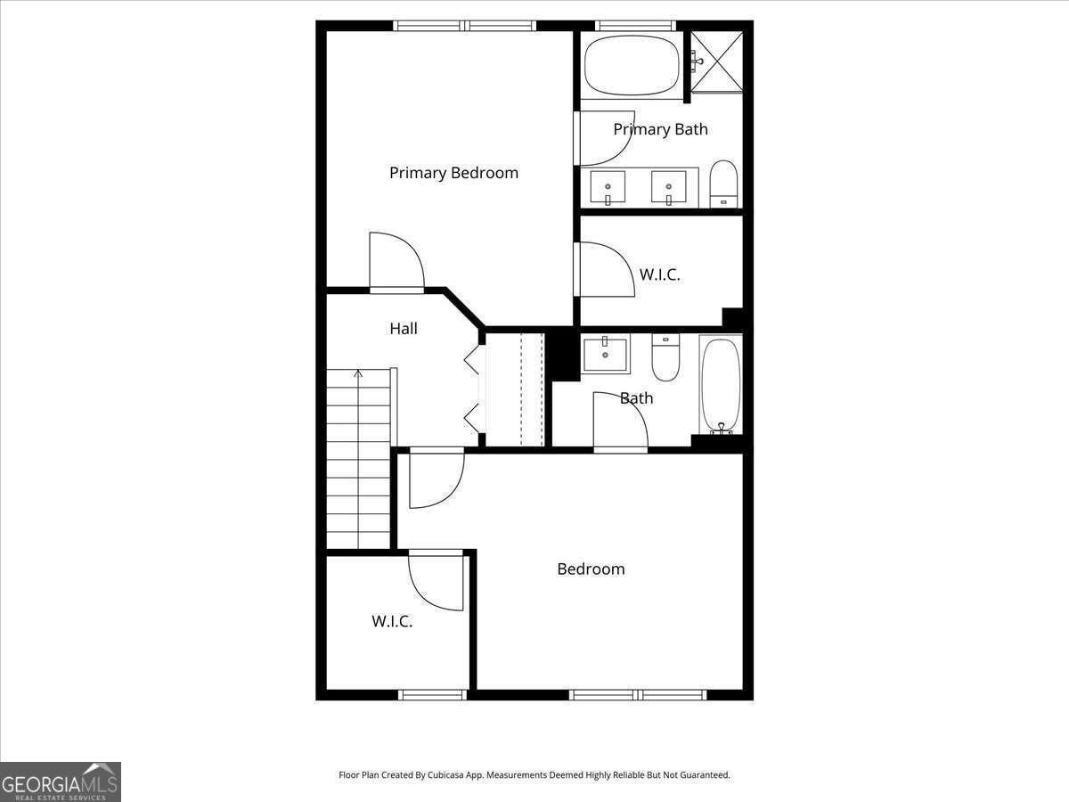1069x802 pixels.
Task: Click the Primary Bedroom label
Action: pyautogui.click(x=454, y=174)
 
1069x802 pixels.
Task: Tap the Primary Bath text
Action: pyautogui.click(x=660, y=129)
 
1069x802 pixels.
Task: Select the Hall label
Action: pyautogui.click(x=404, y=329)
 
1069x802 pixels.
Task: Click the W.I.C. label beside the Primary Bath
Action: pyautogui.click(x=659, y=274)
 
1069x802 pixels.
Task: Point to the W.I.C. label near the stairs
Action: pyautogui.click(x=392, y=621)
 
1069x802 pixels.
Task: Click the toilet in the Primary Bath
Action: pyautogui.click(x=723, y=184)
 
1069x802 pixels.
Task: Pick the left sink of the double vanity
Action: pyautogui.click(x=608, y=186)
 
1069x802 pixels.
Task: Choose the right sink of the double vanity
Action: pyautogui.click(x=669, y=186)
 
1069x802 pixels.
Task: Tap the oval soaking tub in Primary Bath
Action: pyautogui.click(x=632, y=66)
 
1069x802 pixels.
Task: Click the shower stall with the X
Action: pyautogui.click(x=717, y=61)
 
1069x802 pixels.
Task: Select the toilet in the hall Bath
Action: pyautogui.click(x=665, y=357)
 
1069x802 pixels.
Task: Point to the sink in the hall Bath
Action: pyautogui.click(x=606, y=353)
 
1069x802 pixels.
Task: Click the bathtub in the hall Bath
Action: pyautogui.click(x=721, y=385)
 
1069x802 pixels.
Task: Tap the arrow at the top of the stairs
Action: pyautogui.click(x=358, y=374)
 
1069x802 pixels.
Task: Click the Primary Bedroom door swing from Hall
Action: pyautogui.click(x=397, y=259)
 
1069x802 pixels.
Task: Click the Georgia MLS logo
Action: pyautogui.click(x=61, y=782)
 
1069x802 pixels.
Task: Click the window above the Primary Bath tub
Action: pyautogui.click(x=635, y=26)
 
